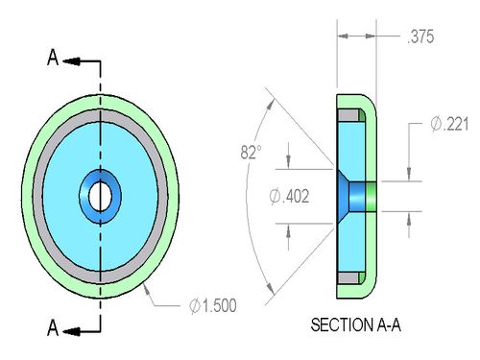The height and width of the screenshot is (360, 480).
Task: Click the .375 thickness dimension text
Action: (x=420, y=36)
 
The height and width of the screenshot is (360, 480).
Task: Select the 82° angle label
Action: (x=251, y=152)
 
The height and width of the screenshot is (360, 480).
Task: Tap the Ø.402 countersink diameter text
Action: (x=289, y=196)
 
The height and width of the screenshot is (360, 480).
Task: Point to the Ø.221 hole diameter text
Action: (x=449, y=124)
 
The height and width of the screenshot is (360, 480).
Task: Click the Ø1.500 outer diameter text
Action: (x=213, y=305)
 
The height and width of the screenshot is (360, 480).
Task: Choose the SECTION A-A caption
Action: (x=355, y=324)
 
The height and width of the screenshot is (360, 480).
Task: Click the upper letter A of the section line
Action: (x=53, y=58)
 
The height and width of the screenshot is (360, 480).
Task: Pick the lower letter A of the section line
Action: (x=53, y=327)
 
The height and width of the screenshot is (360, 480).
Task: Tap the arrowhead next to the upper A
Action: (x=71, y=61)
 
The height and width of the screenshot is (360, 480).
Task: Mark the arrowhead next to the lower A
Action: (x=71, y=331)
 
